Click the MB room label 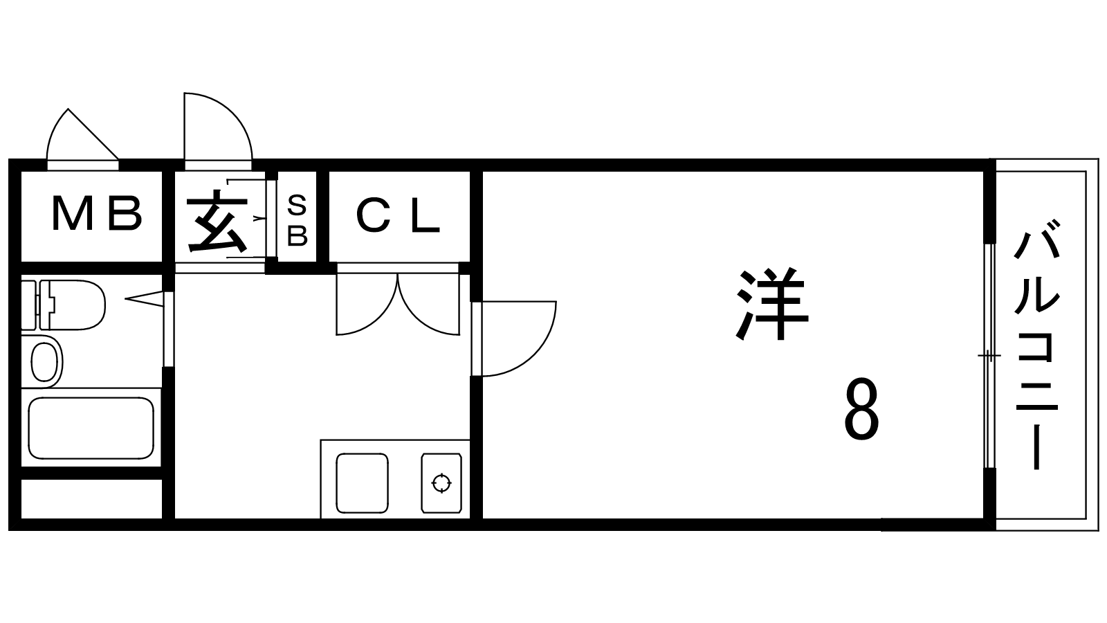point(97,214)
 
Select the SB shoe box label point(297,221)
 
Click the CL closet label point(399,216)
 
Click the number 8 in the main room point(861,413)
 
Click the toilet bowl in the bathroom point(76,305)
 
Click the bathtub point(90,428)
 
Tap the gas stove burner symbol point(441,482)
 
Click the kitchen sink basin point(361,482)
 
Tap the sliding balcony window point(989,356)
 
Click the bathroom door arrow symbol point(145,298)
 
